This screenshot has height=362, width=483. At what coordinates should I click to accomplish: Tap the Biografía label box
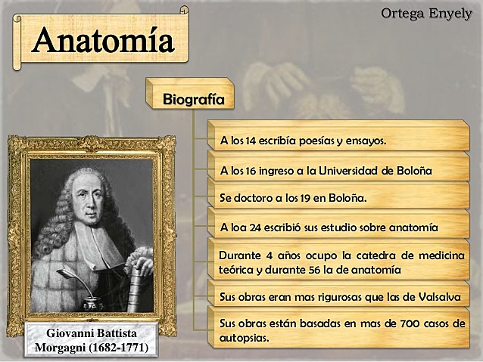[193, 99]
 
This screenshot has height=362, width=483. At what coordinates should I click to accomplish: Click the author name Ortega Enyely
[425, 14]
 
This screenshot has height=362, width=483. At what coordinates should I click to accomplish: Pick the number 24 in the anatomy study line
[253, 227]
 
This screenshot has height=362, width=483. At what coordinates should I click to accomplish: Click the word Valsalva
[435, 297]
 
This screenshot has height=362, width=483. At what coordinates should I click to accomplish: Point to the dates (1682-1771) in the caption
[118, 348]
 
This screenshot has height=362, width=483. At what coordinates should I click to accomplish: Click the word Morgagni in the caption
[61, 348]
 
